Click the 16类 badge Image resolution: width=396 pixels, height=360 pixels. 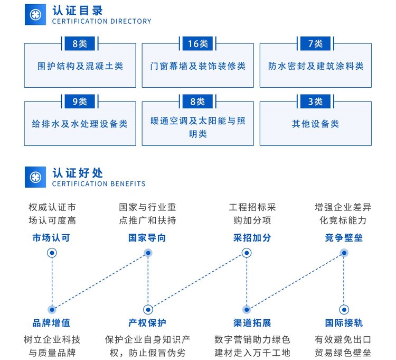click(x=198, y=43)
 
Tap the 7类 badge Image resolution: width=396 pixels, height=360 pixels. click(x=315, y=43)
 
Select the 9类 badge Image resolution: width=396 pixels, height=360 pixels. click(x=80, y=101)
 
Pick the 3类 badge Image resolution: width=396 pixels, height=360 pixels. click(x=315, y=101)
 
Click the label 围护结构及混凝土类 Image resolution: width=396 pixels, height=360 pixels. click(x=80, y=66)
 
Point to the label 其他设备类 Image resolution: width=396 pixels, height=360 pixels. click(x=315, y=124)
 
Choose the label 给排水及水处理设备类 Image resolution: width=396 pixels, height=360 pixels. click(x=80, y=124)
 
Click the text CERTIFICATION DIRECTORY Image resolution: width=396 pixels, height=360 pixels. click(x=101, y=21)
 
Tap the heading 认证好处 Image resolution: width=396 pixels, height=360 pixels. click(x=78, y=173)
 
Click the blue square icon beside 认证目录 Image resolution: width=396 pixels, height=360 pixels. click(x=35, y=14)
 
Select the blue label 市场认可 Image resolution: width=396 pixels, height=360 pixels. click(x=51, y=238)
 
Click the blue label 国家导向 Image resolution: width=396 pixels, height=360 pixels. click(x=147, y=238)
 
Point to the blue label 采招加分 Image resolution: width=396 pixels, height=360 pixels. click(x=252, y=238)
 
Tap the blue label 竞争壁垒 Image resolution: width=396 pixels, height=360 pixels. click(x=344, y=238)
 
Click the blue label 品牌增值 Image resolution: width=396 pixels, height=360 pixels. click(x=51, y=323)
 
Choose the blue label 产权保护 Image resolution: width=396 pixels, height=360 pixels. click(x=147, y=323)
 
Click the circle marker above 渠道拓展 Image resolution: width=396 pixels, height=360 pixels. click(x=247, y=309)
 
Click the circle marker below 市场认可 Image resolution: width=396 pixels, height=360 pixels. click(x=52, y=253)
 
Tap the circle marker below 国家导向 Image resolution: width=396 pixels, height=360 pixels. click(x=148, y=253)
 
